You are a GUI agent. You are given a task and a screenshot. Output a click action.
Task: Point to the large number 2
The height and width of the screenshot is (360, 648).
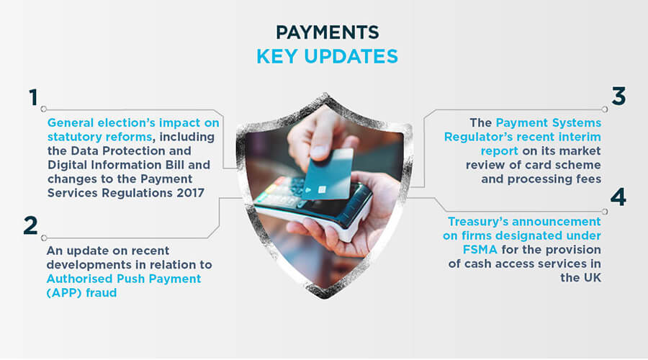coord(30,225)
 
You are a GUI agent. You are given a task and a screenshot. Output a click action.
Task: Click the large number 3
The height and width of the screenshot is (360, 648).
coord(618,96)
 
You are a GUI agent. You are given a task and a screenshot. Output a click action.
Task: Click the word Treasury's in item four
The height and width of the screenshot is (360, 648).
coord(478,221)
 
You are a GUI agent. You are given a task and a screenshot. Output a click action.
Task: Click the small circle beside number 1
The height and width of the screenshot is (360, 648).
coord(43,109)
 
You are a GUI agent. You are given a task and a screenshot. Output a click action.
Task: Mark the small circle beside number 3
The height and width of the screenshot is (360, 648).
coord(605,109)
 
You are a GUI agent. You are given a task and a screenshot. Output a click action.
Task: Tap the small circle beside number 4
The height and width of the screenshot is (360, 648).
coord(605,211)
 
